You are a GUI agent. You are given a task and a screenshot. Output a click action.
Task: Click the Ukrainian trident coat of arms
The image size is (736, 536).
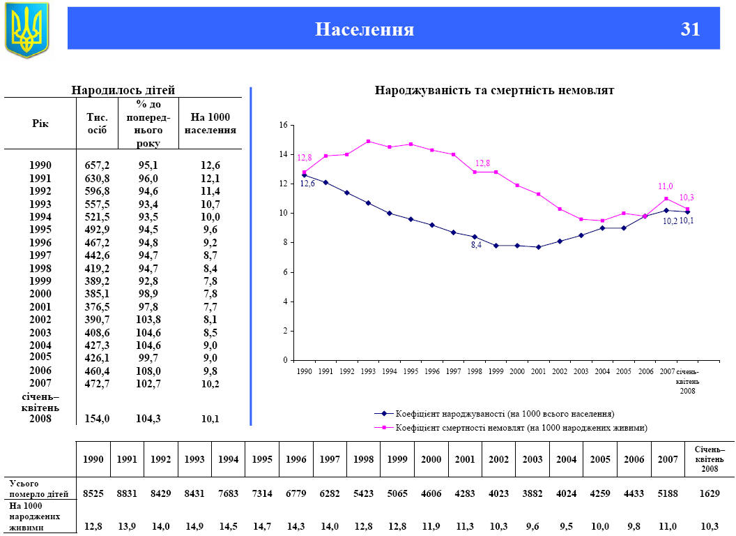click(x=27, y=29)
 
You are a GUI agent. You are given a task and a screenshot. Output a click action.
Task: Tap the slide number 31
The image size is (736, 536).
click(x=690, y=29)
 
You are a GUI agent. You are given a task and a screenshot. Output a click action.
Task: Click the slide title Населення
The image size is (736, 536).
click(x=365, y=29)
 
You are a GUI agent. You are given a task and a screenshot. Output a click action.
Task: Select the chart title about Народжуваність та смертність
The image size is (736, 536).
click(x=494, y=91)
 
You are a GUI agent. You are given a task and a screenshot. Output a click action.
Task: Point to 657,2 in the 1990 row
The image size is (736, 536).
click(x=97, y=165)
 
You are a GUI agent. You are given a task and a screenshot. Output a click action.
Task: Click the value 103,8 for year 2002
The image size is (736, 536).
click(x=149, y=320)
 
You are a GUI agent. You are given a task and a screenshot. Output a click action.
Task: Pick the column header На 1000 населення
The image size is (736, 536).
click(x=210, y=124)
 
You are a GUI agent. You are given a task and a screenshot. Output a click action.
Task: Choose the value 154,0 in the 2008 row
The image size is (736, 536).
click(x=97, y=419)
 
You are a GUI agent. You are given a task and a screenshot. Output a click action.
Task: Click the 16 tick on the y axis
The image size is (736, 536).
click(x=283, y=125)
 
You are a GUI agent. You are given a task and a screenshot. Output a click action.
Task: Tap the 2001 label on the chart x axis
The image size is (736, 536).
click(x=538, y=372)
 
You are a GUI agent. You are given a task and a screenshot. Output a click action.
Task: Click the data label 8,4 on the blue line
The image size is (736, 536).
click(x=476, y=246)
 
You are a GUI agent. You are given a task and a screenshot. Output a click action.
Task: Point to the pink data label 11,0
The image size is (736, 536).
click(x=666, y=187)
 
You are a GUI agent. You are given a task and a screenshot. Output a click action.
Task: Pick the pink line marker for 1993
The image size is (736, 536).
click(x=368, y=141)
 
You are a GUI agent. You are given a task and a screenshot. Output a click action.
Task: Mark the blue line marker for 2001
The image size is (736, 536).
click(x=538, y=247)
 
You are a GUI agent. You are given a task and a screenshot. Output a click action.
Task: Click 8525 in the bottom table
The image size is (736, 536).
click(x=93, y=493)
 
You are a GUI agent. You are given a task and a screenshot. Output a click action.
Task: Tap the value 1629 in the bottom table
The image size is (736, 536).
click(x=710, y=493)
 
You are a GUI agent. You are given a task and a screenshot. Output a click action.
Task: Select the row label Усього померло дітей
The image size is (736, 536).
click(x=39, y=489)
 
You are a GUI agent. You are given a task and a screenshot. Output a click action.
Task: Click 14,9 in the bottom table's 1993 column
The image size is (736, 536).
click(x=195, y=526)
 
